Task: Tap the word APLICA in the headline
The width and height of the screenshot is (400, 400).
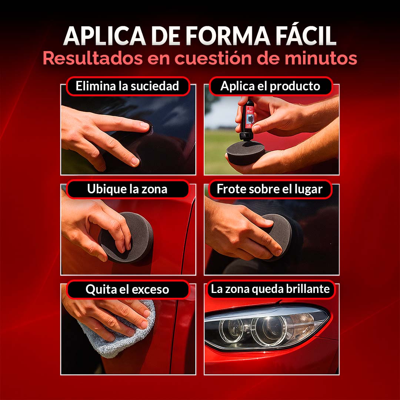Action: [x=105, y=36]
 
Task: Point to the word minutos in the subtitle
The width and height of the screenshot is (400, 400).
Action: [x=321, y=58]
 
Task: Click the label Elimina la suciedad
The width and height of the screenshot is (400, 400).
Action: [x=127, y=86]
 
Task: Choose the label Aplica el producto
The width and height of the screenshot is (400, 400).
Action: [x=270, y=86]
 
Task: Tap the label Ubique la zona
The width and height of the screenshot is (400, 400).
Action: [x=127, y=189]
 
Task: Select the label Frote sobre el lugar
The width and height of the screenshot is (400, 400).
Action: [x=270, y=189]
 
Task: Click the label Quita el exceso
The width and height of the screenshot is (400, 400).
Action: [x=127, y=290]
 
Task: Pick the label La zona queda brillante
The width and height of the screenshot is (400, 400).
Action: [x=270, y=289]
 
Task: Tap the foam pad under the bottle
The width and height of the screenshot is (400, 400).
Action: [x=246, y=152]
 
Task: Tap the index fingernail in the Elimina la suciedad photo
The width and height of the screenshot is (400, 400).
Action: [x=144, y=125]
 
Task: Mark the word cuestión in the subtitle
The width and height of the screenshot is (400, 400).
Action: [x=226, y=58]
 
